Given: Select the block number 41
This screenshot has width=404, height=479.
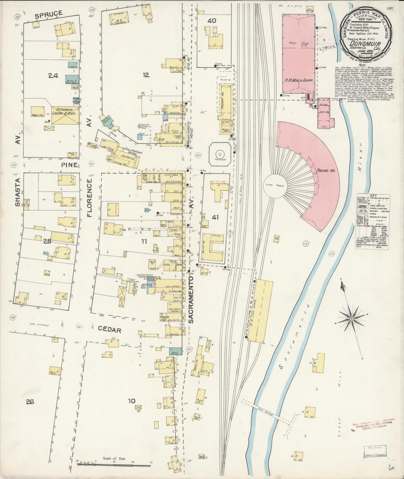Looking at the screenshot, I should (x=215, y=217).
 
